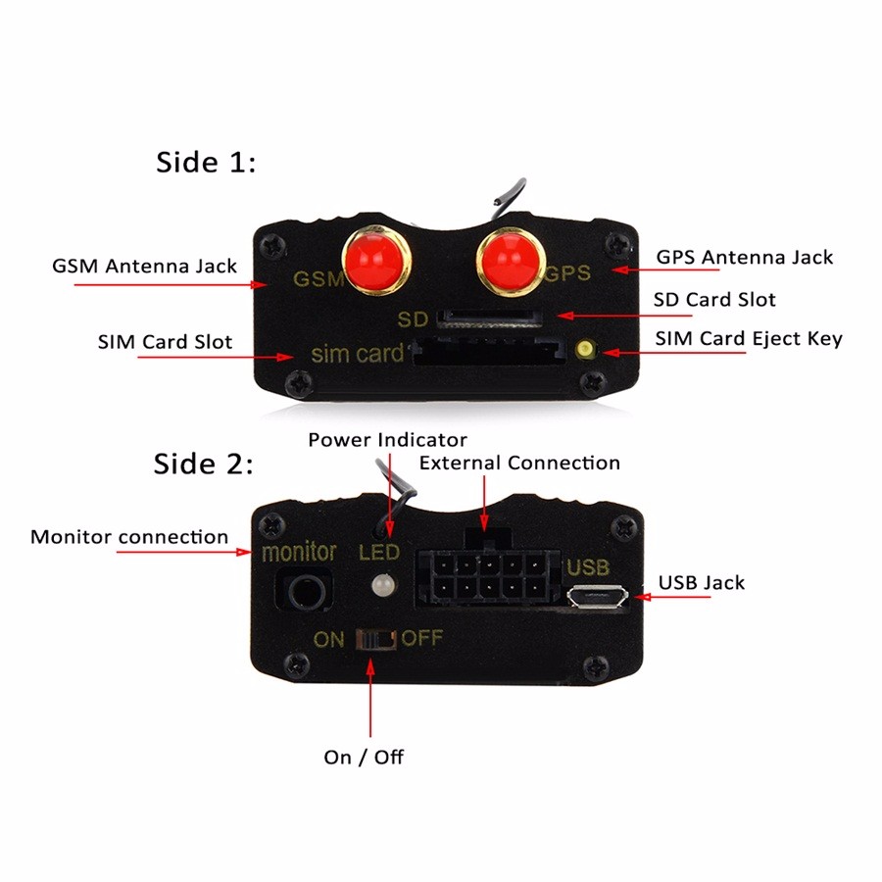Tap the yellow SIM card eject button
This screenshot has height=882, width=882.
point(587,349)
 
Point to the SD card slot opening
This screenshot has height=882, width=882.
point(486,318)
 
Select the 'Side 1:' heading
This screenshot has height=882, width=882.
point(206,163)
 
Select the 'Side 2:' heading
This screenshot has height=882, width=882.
point(204,463)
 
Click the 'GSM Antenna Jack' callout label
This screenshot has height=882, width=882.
point(144,266)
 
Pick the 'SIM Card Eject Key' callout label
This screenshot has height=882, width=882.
point(748,339)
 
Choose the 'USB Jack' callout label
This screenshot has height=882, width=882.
point(702,583)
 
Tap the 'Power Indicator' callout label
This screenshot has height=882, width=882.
point(387,440)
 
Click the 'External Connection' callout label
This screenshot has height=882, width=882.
point(519,463)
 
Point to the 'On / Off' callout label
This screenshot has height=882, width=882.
point(364,757)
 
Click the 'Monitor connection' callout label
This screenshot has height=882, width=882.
point(129,537)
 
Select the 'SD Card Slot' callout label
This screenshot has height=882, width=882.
point(714,300)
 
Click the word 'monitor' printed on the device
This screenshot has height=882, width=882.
point(299,553)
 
